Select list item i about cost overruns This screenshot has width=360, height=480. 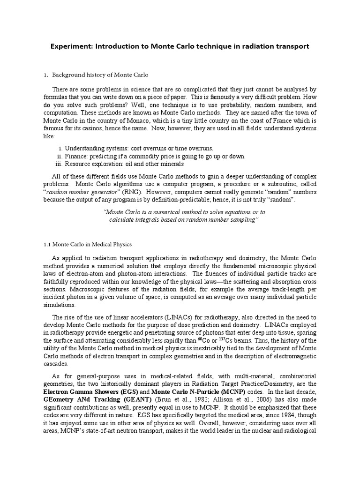tap(139, 148)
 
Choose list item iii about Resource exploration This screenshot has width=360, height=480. tap(124, 164)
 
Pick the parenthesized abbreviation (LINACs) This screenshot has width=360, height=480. tap(155, 316)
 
